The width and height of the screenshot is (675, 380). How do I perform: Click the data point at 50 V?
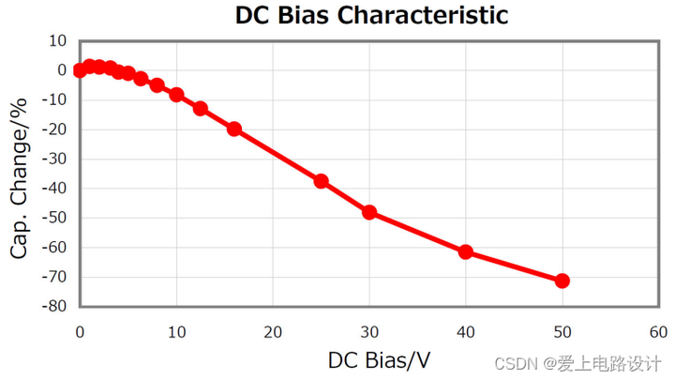562,281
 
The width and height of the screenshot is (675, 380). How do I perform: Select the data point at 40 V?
465,252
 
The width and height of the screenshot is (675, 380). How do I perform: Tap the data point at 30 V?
369,212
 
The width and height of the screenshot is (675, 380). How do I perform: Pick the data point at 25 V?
321,181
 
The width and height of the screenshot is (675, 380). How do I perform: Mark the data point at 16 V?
233,129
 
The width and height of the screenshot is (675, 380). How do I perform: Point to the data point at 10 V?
176,95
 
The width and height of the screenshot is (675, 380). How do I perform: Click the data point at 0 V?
80,70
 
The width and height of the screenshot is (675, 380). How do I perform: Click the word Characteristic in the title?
422,15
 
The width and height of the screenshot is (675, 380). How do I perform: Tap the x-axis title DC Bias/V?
379,360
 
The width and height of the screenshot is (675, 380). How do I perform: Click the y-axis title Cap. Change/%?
19,178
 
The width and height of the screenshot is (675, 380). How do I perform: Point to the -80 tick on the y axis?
54,306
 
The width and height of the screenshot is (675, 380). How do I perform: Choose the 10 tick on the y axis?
58,41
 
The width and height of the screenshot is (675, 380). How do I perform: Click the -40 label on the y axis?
54,189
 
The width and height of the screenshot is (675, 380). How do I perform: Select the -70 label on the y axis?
54,277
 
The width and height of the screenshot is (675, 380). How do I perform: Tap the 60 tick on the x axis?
658,332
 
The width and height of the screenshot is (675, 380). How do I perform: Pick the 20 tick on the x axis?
273,332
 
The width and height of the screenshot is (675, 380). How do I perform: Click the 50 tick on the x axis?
562,332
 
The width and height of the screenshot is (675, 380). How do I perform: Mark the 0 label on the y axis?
63,70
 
